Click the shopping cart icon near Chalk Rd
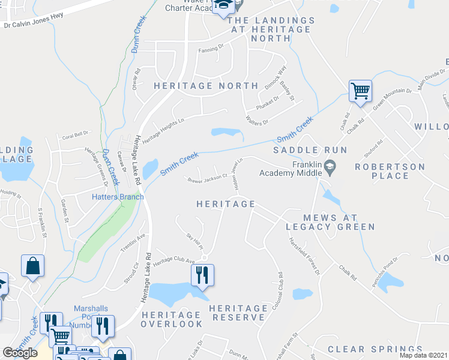pos(360,92)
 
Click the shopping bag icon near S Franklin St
pos(32,265)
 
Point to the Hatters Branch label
pos(118,197)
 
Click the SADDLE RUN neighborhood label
pos(301,149)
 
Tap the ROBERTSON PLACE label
pos(390,171)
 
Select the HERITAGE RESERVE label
pos(238,312)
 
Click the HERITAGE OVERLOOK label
pos(172,319)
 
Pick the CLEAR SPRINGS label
pos(375,349)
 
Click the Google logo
pos(20,353)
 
